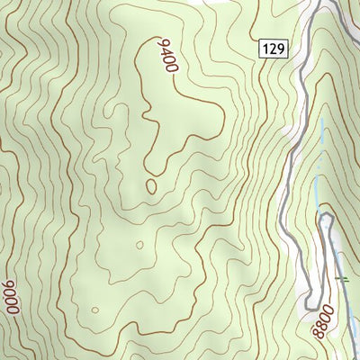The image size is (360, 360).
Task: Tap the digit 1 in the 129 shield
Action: tap(267, 49)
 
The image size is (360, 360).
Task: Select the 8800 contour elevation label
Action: tap(323, 321)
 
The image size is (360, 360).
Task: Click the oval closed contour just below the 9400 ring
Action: tap(150, 186)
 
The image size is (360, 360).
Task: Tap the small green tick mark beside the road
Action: tap(342, 280)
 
